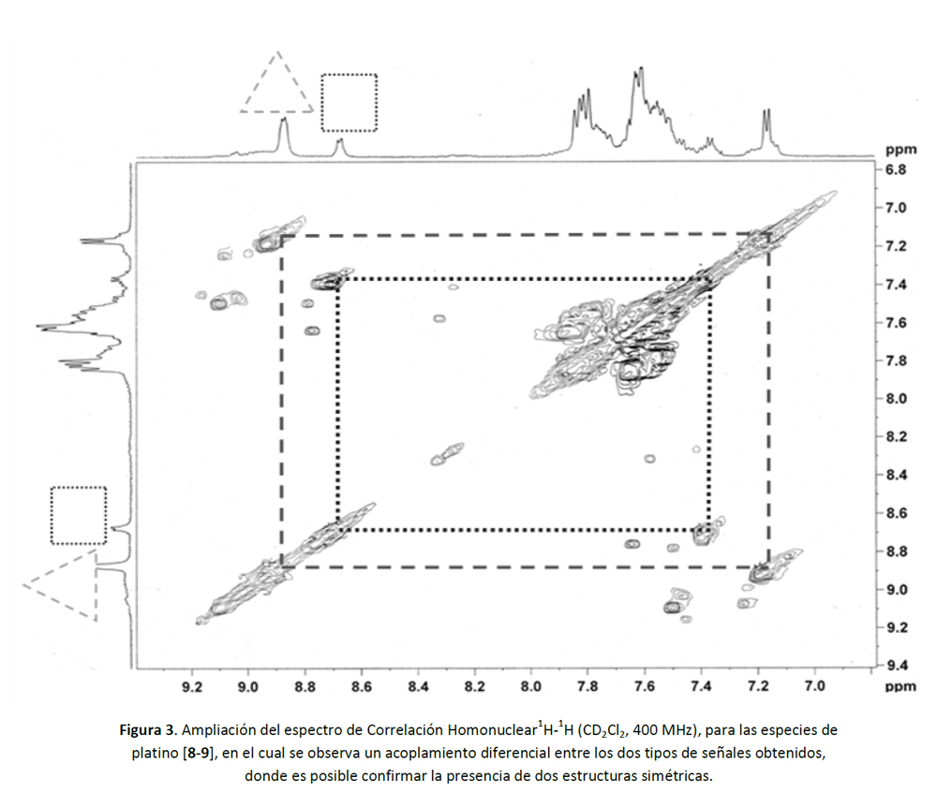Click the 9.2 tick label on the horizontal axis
[x=191, y=686]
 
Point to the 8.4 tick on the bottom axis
[x=418, y=686]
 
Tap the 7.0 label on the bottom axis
[x=814, y=686]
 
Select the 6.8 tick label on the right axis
[x=896, y=169]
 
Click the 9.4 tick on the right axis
[x=896, y=666]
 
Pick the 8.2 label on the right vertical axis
[x=896, y=436]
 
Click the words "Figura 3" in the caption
[x=147, y=729]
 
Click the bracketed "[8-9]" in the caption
[x=199, y=753]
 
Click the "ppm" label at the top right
[x=901, y=149]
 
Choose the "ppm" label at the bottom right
[x=901, y=686]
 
